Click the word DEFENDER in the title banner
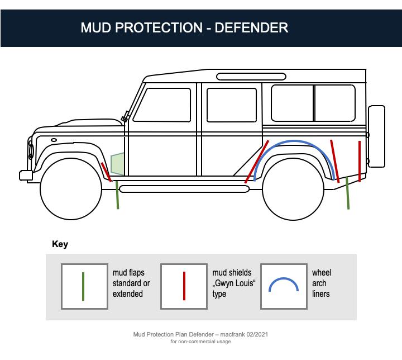tap(251, 28)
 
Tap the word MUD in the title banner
tap(97, 28)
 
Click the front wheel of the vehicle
tap(71, 189)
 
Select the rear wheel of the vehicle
tap(293, 190)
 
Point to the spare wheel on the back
tap(376, 136)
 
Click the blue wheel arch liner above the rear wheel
tap(294, 141)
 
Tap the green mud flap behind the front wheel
tap(117, 195)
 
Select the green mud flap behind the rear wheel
tap(347, 193)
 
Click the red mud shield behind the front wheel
tap(106, 172)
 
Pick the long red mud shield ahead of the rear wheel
tap(257, 162)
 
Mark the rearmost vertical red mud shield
tap(360, 161)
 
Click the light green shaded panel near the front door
tap(118, 164)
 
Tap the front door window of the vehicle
tap(162, 105)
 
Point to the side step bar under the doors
tap(184, 190)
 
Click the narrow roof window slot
tap(251, 77)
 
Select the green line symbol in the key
tap(83, 286)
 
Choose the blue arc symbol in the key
tap(283, 278)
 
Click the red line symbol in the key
tap(184, 286)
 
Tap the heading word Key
tap(60, 244)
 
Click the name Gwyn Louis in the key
tap(234, 283)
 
